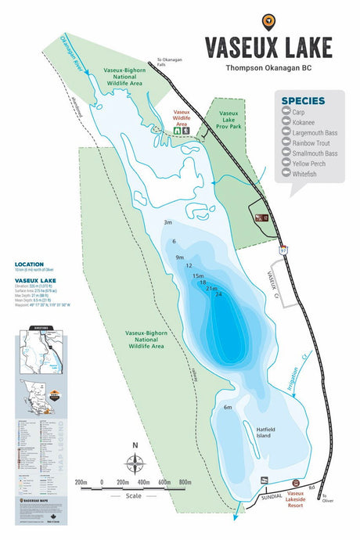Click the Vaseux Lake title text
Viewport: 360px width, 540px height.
pyautogui.click(x=268, y=47)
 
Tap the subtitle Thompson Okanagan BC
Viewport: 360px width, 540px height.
pyautogui.click(x=268, y=68)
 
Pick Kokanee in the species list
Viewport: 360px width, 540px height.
pyautogui.click(x=305, y=122)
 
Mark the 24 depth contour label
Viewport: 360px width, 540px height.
pyautogui.click(x=218, y=294)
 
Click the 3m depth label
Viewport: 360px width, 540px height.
pyautogui.click(x=167, y=223)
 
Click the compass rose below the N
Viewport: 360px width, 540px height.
pyautogui.click(x=135, y=462)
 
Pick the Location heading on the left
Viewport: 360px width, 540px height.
pyautogui.click(x=29, y=264)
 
